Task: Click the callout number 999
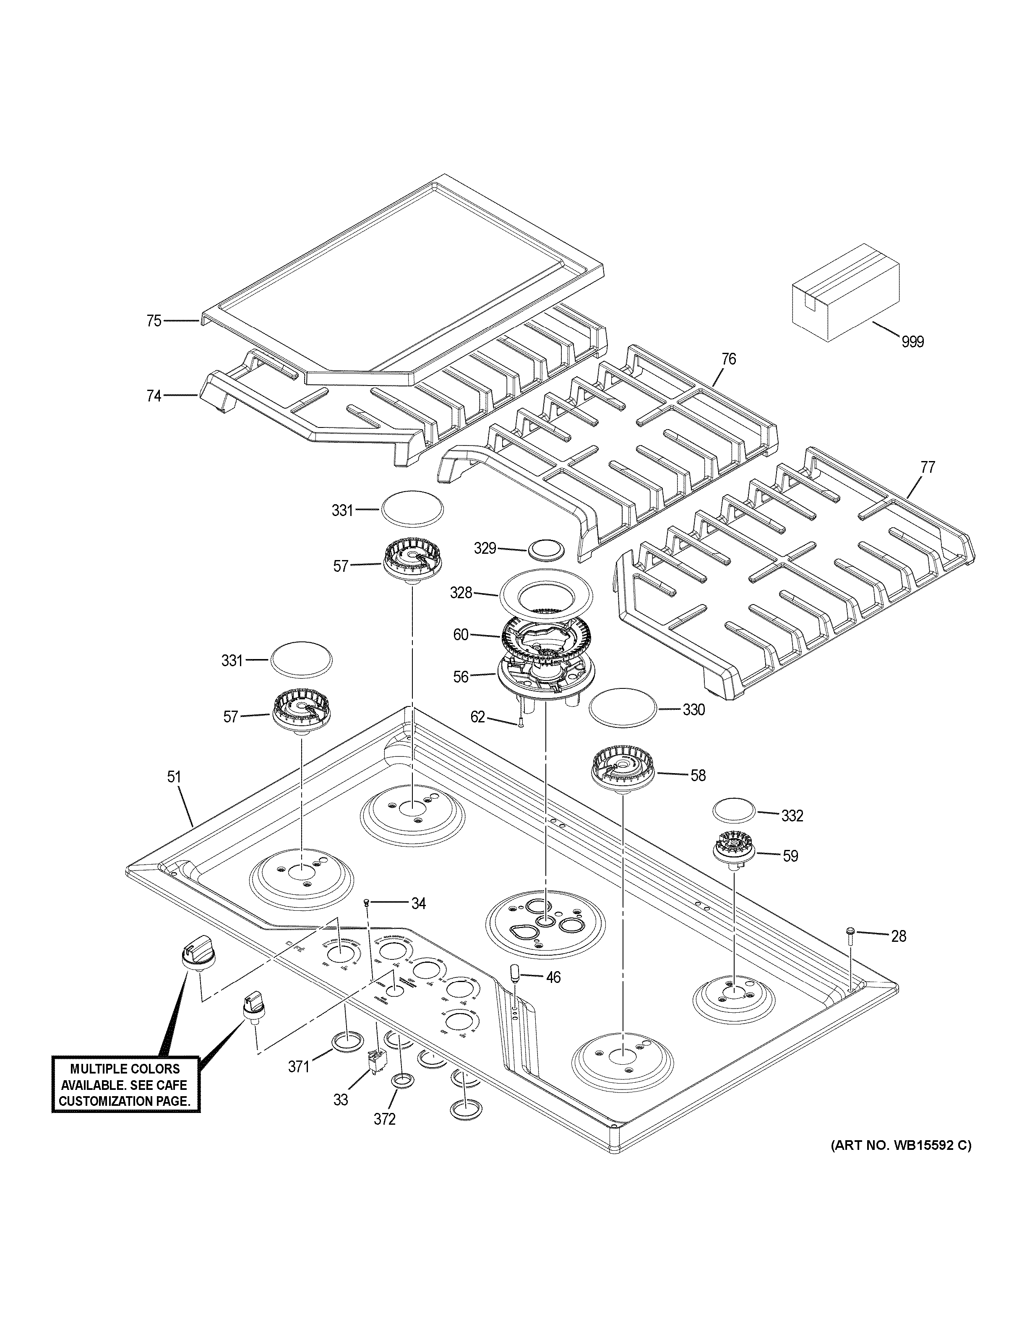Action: pos(912,342)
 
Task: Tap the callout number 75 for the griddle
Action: pos(154,321)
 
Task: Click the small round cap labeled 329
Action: pos(546,547)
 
